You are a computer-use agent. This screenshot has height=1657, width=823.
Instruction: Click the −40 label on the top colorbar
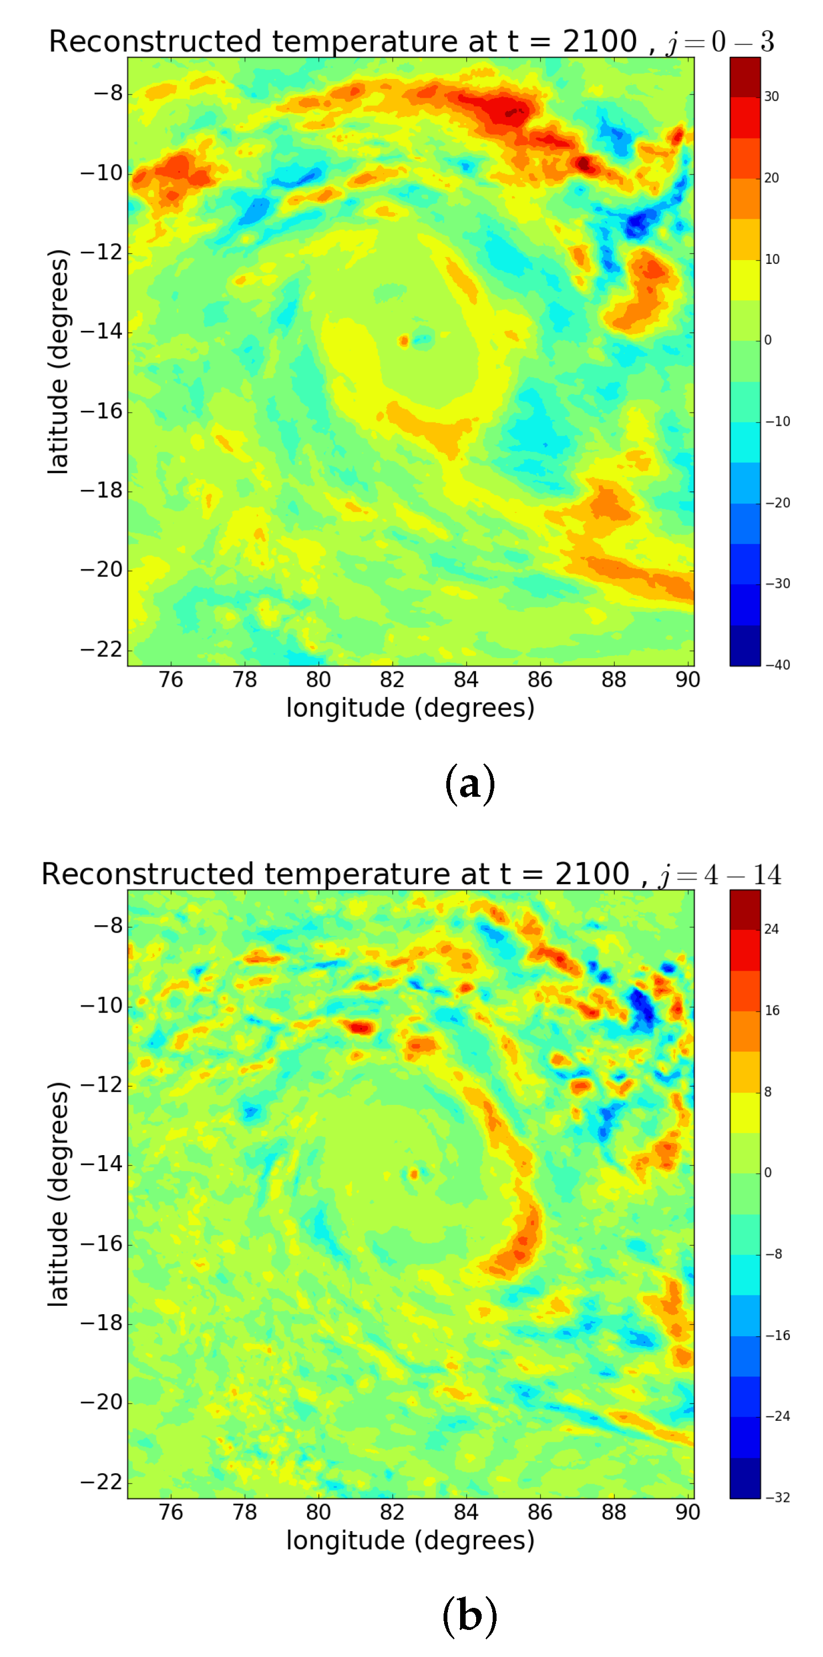pyautogui.click(x=777, y=664)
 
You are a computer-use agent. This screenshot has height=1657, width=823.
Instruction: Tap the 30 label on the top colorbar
pyautogui.click(x=771, y=97)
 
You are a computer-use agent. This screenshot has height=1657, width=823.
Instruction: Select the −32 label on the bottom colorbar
pyautogui.click(x=777, y=1497)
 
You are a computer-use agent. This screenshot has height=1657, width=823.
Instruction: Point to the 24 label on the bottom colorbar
pyautogui.click(x=771, y=929)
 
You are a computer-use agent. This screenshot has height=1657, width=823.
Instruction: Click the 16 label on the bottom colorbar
pyautogui.click(x=771, y=1010)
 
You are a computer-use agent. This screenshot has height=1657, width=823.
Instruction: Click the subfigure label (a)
pyautogui.click(x=469, y=784)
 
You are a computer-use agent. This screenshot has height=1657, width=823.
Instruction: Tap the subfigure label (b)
pyautogui.click(x=469, y=1616)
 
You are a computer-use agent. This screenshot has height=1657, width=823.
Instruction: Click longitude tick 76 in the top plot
pyautogui.click(x=171, y=679)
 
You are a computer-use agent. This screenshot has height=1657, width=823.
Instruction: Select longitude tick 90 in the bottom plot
pyautogui.click(x=687, y=1512)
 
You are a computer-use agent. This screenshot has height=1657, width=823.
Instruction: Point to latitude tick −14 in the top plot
pyautogui.click(x=101, y=331)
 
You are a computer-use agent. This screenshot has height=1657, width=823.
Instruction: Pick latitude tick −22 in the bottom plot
pyautogui.click(x=101, y=1481)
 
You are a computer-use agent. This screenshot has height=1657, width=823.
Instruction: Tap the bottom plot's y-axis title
pyautogui.click(x=58, y=1194)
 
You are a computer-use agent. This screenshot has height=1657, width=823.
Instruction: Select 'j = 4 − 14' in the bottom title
pyautogui.click(x=719, y=874)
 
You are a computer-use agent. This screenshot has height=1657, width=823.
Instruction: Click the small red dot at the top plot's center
pyautogui.click(x=403, y=341)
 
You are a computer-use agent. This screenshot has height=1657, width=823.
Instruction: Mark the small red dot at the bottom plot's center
pyautogui.click(x=414, y=1174)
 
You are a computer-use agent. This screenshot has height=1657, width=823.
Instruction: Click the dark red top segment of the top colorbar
pyautogui.click(x=745, y=77)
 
